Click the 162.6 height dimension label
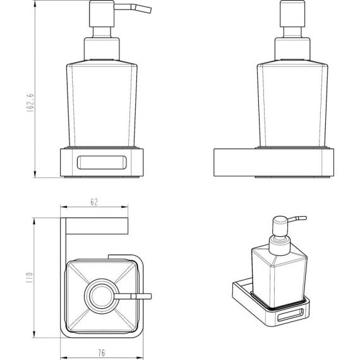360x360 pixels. (x=30, y=102)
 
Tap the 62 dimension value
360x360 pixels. (x=94, y=202)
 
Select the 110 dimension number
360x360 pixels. (x=30, y=277)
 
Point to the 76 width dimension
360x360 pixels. (x=102, y=352)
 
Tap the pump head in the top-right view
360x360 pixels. (x=292, y=14)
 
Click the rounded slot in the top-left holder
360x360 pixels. (x=102, y=162)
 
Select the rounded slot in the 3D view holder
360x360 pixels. (x=291, y=315)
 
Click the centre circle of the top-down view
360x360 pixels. (x=102, y=296)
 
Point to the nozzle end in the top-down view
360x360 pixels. (x=150, y=296)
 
